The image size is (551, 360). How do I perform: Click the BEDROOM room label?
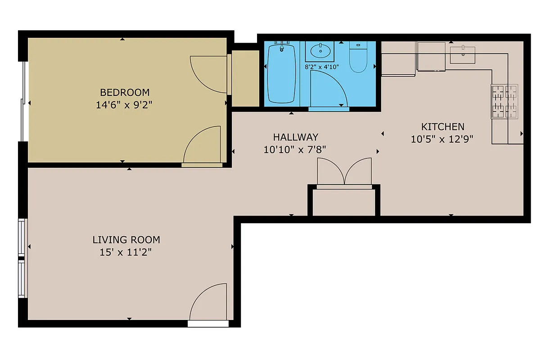click(125, 93)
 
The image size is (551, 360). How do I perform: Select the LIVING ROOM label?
click(126, 240)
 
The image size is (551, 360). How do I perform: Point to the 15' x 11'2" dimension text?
click(126, 252)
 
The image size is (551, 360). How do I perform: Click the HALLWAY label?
click(295, 137)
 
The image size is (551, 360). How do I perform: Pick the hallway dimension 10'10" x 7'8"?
click(295, 149)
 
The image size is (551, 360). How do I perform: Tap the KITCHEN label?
click(443, 127)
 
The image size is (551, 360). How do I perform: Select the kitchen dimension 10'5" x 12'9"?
click(442, 139)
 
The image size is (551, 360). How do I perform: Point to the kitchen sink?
click(462, 54)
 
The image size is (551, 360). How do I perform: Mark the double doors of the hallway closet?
click(344, 172)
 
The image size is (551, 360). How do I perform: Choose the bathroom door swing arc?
click(329, 88)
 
